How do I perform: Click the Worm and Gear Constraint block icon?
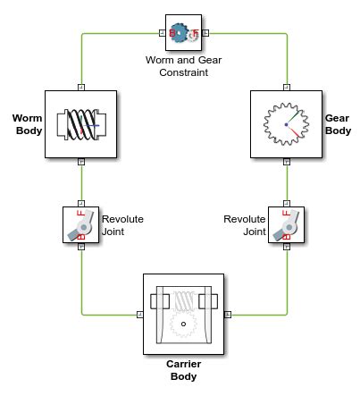(183, 32)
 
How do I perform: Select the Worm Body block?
(80, 124)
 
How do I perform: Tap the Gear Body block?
(286, 124)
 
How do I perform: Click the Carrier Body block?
(183, 314)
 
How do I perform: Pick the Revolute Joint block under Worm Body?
(80, 224)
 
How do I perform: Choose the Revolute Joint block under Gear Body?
(286, 224)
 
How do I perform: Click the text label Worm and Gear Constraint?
(183, 66)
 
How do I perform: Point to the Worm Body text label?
(28, 124)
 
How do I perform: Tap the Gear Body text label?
(338, 124)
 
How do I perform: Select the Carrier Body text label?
(183, 370)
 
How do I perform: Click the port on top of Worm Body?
(81, 88)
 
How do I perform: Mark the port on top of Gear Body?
(287, 88)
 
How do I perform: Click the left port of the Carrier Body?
(140, 315)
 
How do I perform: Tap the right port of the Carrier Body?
(228, 315)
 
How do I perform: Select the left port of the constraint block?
(163, 33)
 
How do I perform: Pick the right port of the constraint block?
(205, 33)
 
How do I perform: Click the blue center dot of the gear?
(286, 124)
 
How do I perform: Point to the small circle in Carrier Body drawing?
(183, 324)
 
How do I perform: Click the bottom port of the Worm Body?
(81, 162)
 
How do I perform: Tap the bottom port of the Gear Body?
(287, 162)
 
